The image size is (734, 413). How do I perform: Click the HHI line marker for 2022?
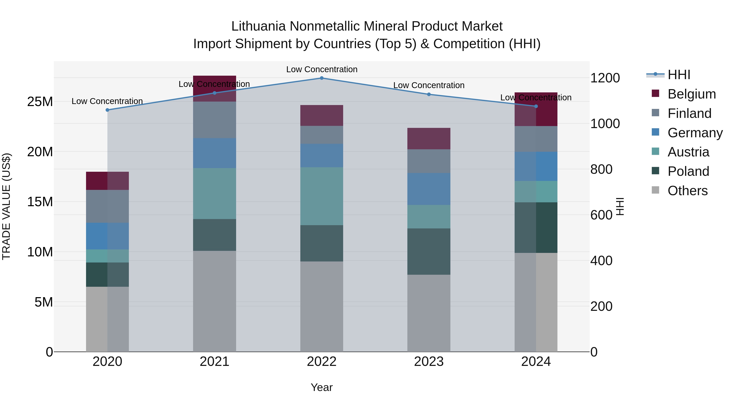pos(322,78)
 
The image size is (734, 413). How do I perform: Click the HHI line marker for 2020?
pos(107,110)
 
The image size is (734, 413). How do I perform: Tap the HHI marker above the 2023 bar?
pos(429,94)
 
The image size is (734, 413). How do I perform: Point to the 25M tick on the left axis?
pos(40,102)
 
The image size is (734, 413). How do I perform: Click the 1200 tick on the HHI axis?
pos(605,78)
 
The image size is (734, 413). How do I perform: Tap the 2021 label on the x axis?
pos(214,362)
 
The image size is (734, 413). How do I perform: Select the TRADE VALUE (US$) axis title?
pos(7,206)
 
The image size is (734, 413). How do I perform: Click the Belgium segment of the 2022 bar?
pos(322,115)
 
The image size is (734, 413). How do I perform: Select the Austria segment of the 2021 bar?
pos(214,194)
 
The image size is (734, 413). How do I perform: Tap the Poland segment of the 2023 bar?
pos(429,251)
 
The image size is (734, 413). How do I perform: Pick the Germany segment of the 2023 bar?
pos(429,189)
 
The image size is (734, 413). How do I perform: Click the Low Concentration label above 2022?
pos(322,70)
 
